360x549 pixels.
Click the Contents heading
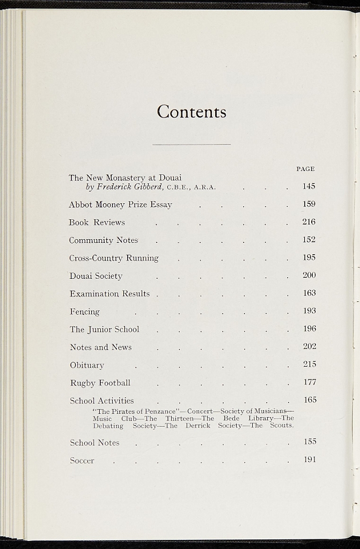click(192, 112)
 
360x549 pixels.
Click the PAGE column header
click(305, 169)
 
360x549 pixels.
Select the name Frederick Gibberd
click(129, 187)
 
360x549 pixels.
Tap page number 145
click(309, 187)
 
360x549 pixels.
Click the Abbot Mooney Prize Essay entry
click(120, 205)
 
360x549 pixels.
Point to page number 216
click(309, 222)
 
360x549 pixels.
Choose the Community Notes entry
click(104, 240)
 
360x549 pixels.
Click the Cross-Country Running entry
click(114, 258)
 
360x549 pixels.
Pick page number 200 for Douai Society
click(309, 275)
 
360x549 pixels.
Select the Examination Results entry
click(109, 294)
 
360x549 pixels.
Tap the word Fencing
click(85, 311)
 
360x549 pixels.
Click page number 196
click(310, 329)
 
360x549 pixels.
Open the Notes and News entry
click(101, 347)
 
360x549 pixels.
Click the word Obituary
click(87, 365)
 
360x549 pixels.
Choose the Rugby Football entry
click(100, 383)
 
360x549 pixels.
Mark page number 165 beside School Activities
click(310, 400)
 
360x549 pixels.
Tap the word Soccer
click(82, 461)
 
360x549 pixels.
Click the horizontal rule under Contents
click(192, 144)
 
